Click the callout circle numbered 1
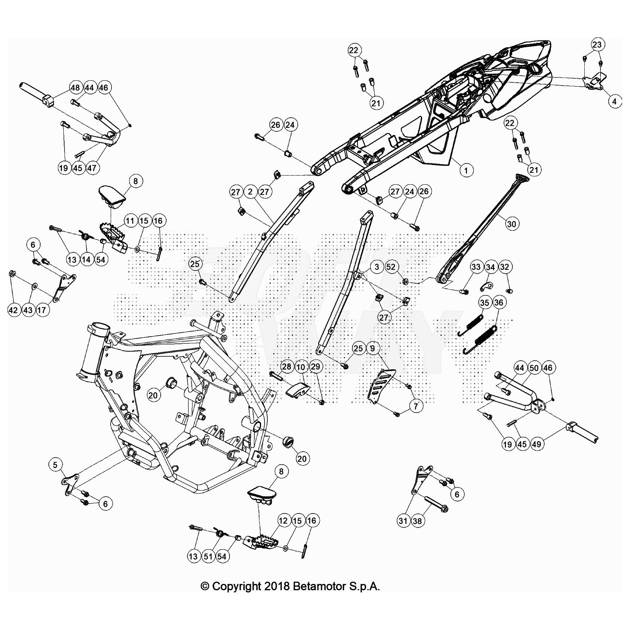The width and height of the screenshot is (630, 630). [x=466, y=170]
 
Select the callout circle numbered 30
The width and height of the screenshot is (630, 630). [x=511, y=224]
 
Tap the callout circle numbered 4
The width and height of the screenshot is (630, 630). [x=614, y=101]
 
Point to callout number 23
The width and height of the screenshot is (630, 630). [x=597, y=44]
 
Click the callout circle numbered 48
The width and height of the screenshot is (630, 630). [x=75, y=87]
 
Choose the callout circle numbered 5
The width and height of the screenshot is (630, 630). [x=55, y=465]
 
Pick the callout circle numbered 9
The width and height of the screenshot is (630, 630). [x=372, y=348]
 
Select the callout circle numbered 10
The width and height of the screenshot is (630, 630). [x=301, y=367]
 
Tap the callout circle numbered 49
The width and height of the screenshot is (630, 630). [x=536, y=444]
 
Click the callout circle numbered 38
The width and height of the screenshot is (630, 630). [x=417, y=521]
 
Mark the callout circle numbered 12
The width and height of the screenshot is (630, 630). [x=283, y=521]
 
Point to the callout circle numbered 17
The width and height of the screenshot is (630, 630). [x=41, y=310]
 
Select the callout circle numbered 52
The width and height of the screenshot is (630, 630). [x=391, y=267]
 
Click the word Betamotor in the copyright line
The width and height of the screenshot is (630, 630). [x=319, y=586]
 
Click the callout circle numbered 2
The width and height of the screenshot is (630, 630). [x=250, y=192]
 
